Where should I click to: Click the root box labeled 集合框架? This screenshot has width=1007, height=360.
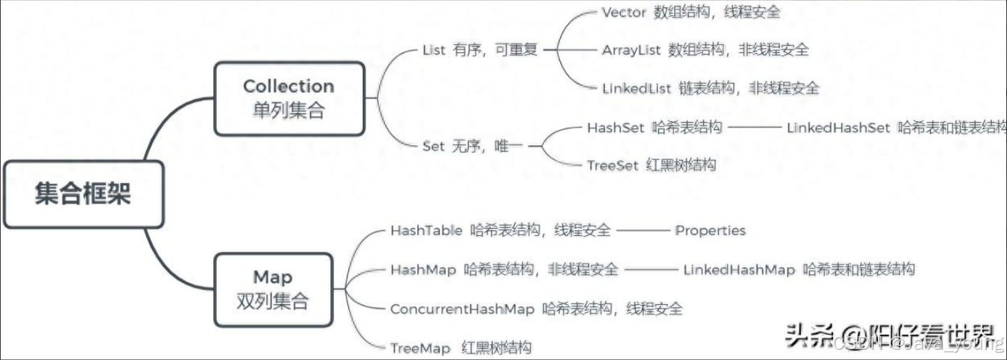pos(83,194)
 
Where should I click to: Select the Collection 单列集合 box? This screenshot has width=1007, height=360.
pos(289,99)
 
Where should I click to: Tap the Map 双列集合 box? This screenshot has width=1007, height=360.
pos(273,289)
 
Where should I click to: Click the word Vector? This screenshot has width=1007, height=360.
pos(623,12)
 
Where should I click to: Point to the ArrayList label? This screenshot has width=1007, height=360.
pos(630,50)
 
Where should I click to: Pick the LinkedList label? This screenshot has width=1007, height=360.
pos(636,88)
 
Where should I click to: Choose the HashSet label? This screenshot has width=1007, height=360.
pos(615,128)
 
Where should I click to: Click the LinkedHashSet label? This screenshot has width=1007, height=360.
pos(838,128)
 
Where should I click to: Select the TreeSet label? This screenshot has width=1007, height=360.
pos(612,165)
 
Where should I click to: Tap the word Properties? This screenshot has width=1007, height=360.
pos(710,231)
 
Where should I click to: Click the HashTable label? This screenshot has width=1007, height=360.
pos(426,231)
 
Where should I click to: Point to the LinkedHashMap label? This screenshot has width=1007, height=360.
pos(739,270)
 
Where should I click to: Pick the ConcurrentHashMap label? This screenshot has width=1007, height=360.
pos(462,308)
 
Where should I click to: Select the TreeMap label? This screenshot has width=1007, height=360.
pos(420,348)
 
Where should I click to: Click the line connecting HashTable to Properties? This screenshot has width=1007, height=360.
pos(642,231)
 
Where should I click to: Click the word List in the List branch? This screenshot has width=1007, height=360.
pos(434,50)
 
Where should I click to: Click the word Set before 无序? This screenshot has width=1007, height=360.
pos(433,146)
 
